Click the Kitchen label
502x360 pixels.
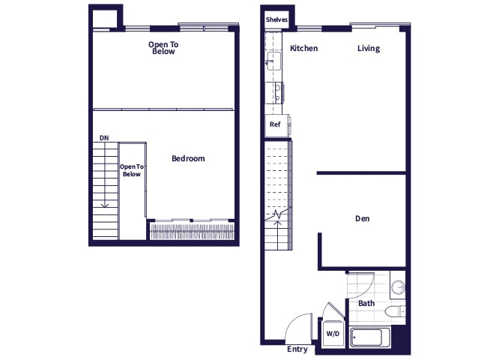click(x=303, y=49)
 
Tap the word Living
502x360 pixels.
click(x=368, y=49)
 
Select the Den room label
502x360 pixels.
click(x=363, y=219)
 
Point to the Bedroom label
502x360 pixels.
click(x=188, y=158)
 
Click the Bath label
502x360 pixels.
click(x=366, y=303)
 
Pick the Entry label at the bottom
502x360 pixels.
click(x=297, y=349)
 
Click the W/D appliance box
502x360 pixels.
click(x=331, y=334)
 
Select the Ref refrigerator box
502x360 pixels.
click(x=274, y=124)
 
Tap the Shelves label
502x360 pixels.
click(x=277, y=19)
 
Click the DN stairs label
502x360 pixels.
click(x=103, y=138)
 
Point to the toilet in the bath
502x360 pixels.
click(x=394, y=310)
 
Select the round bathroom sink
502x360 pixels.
click(x=399, y=288)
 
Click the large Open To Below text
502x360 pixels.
click(x=163, y=48)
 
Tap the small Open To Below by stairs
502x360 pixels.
click(x=132, y=170)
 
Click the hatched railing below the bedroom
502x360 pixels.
click(x=193, y=231)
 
